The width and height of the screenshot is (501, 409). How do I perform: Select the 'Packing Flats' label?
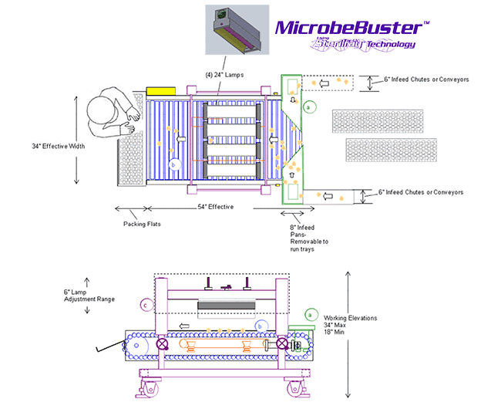[x=142, y=225]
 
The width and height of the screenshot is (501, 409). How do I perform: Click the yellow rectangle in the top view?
[x=162, y=91]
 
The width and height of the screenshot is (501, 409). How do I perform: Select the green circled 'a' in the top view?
[x=308, y=107]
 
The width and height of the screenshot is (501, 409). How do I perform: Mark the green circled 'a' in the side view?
[x=310, y=314]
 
